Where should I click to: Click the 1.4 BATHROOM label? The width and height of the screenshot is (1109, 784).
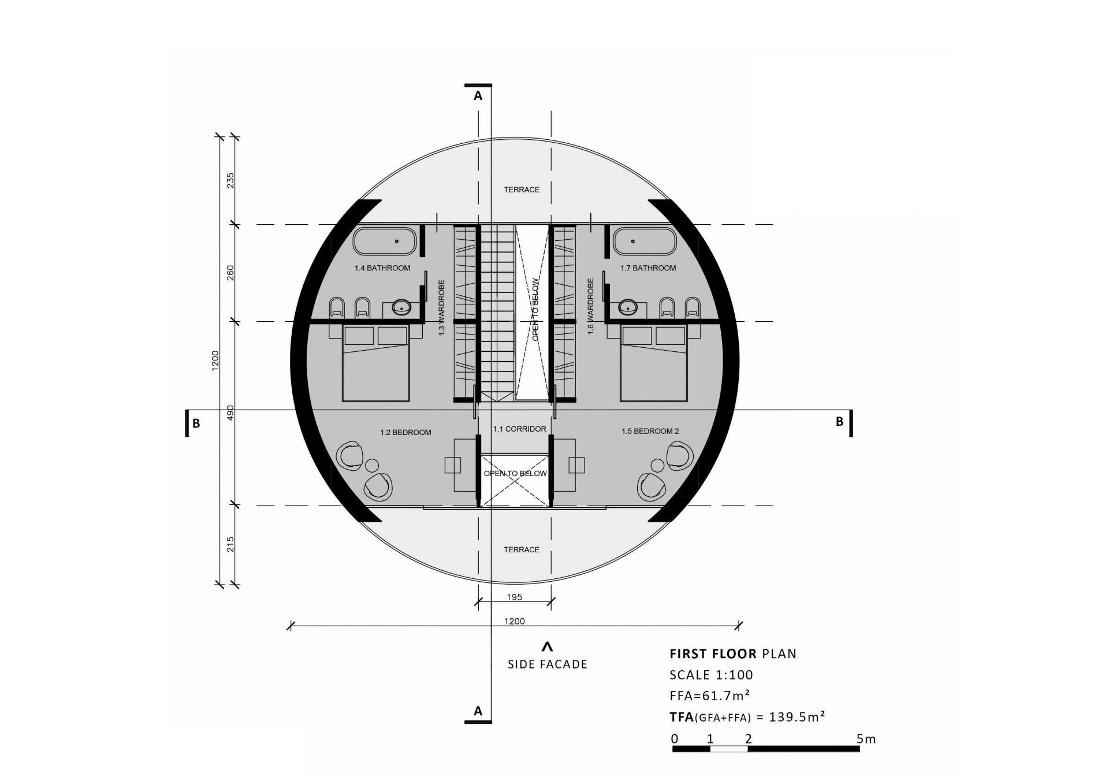[382, 268]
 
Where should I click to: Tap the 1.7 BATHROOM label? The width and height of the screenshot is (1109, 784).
[648, 268]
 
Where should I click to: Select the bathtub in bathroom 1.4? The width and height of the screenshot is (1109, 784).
[384, 241]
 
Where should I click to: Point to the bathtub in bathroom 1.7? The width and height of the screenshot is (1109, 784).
[645, 241]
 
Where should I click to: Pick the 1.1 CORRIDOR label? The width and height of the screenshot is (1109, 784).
[519, 429]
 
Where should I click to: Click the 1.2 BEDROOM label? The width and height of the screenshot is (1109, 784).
[405, 432]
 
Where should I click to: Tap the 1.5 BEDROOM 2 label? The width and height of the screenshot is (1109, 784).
[650, 431]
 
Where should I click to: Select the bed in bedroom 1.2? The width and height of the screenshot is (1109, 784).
[376, 363]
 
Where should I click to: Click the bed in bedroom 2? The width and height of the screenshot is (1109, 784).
[654, 363]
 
